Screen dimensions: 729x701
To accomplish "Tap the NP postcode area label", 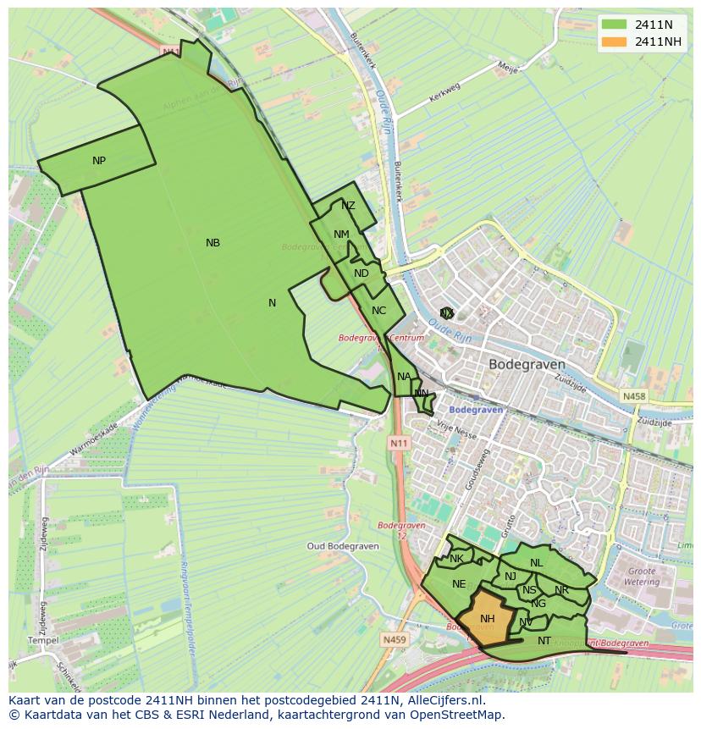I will point(99,161).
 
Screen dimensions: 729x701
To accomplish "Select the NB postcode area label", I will point(213,243).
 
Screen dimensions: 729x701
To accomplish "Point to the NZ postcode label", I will point(348,206).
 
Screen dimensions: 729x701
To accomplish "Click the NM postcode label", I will point(341,235).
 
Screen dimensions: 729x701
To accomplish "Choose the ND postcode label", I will point(362,273).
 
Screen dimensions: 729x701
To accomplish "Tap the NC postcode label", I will point(378,311).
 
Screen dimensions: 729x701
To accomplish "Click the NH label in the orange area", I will point(487,619).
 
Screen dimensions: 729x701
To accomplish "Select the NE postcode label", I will point(459,584).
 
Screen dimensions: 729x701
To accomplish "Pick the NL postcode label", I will point(536,563).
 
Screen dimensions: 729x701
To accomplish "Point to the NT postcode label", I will point(544,641).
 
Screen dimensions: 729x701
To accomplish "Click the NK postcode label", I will point(456,559).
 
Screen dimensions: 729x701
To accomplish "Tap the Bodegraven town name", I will point(527,364).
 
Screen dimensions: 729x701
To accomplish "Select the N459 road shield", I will point(394,640).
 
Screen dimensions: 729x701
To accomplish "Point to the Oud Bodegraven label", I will point(337,546).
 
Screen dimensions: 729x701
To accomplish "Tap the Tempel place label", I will point(43,641).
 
